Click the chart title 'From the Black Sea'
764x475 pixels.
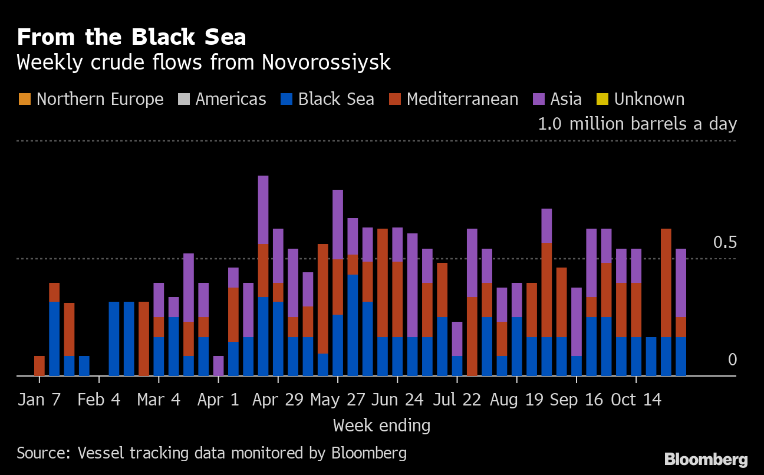point(131,37)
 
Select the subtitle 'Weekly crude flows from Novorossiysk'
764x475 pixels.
point(203,62)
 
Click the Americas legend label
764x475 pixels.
point(230,99)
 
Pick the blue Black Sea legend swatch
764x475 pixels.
point(286,99)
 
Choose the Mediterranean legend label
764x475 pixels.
point(462,99)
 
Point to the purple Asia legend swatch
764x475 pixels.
point(538,99)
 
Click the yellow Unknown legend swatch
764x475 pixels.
point(602,99)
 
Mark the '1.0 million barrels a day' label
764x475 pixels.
point(637,124)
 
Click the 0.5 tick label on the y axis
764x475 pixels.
point(725,242)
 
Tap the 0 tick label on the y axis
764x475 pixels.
point(732,359)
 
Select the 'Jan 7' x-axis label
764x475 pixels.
point(39,400)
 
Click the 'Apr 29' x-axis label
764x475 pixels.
point(278,400)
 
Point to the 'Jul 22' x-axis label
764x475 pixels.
point(456,400)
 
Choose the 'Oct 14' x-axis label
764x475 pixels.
point(635,400)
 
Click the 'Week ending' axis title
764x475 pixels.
point(381,425)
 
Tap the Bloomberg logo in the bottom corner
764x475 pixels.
point(706,460)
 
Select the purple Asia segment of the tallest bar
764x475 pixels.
point(263,209)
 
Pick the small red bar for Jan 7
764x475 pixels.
point(39,365)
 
